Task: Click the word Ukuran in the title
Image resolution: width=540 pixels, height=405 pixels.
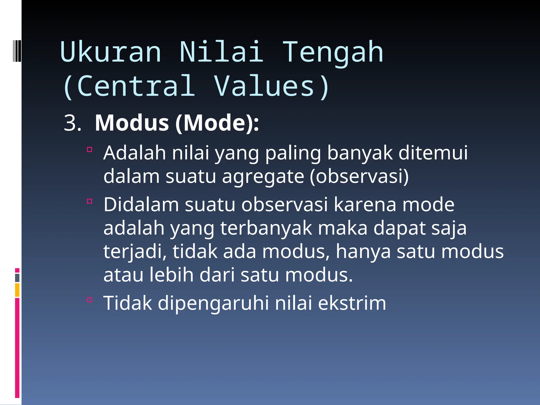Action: coord(110,52)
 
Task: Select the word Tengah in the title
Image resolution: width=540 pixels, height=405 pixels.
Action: coord(333,52)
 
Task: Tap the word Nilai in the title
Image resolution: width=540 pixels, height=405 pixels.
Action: coord(221,52)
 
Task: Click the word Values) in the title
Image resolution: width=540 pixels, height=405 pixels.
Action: coord(272,86)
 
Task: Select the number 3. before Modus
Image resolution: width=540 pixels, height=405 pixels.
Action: coord(72,123)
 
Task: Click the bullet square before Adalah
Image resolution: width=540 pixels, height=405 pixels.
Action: coord(90,150)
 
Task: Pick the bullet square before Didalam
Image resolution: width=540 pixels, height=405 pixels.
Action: coord(90,201)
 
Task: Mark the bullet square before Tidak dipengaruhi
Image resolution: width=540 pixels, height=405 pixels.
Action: coord(90,300)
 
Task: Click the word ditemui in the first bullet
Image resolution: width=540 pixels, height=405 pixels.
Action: coord(433,153)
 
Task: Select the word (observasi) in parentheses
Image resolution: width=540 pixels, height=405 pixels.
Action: coord(359,176)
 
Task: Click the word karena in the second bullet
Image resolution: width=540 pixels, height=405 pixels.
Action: coord(365,205)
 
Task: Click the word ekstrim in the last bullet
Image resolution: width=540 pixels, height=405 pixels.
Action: coord(352,303)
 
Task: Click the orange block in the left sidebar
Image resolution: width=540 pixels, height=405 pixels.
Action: coord(17,290)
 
